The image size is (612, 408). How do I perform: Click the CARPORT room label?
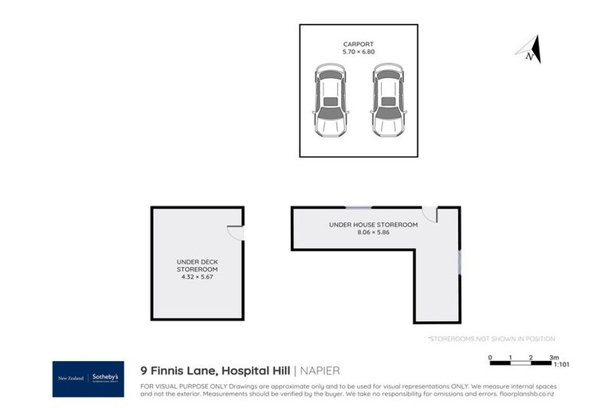[358, 44]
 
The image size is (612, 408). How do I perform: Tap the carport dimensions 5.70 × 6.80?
[358, 52]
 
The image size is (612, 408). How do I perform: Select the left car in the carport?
[330, 101]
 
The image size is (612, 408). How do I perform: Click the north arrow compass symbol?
[530, 50]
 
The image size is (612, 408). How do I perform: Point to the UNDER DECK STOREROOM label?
[196, 265]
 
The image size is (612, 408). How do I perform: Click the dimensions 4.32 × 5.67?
[196, 278]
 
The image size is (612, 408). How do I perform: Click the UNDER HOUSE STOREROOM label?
[373, 225]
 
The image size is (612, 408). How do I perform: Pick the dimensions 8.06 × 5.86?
[373, 233]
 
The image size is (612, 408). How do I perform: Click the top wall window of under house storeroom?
[359, 208]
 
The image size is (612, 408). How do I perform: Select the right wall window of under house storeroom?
[459, 262]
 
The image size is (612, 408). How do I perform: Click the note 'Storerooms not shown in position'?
[492, 339]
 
